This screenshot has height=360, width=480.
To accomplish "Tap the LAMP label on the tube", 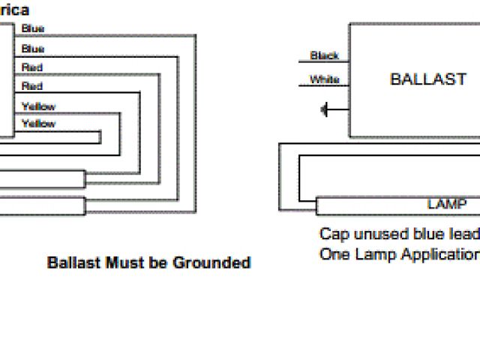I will tap(446, 204).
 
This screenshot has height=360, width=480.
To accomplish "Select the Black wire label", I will tap(324, 55).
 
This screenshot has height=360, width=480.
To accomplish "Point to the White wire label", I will tap(324, 79).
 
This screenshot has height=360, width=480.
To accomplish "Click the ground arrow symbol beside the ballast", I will tap(325, 111).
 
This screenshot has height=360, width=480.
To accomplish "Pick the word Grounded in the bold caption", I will tap(211, 263).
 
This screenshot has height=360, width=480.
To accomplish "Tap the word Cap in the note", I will tap(331, 234).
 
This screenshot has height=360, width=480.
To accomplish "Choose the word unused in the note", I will tap(371, 234).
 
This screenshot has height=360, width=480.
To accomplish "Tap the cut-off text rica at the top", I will tap(16, 10).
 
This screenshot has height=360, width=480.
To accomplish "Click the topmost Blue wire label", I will tap(33, 28).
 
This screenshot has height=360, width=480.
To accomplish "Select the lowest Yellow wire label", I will tap(39, 124).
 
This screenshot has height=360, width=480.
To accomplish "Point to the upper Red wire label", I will tap(32, 67).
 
